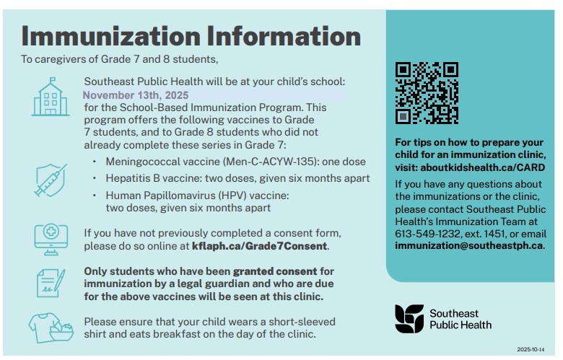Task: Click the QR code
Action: (x=427, y=93)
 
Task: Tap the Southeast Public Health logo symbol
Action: (x=409, y=318)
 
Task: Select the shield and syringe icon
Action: (x=51, y=180)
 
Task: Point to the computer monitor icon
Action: (x=51, y=237)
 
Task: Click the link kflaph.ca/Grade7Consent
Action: (x=260, y=246)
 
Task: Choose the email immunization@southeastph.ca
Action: (x=468, y=245)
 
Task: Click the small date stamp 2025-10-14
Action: (x=533, y=348)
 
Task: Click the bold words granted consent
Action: (x=274, y=271)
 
